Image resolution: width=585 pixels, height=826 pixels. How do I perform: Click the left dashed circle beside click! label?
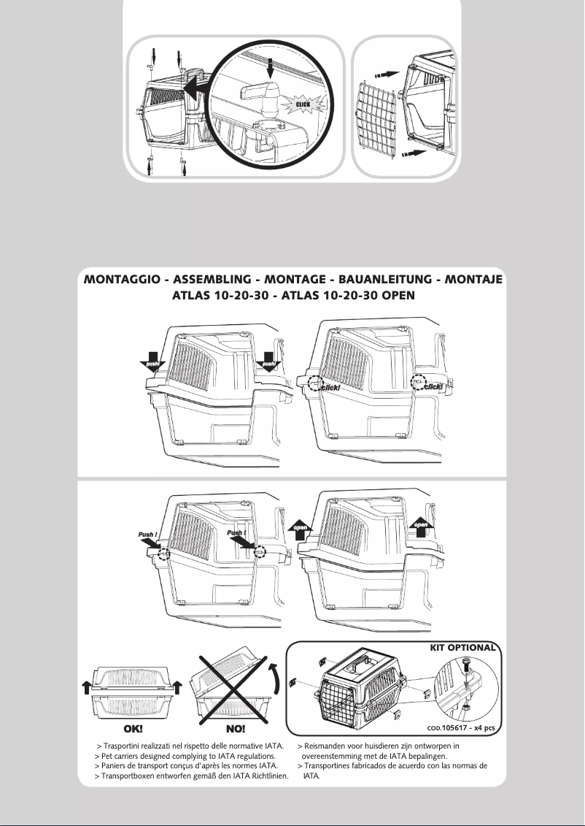[314, 382]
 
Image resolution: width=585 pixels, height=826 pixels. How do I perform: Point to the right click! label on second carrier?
[434, 386]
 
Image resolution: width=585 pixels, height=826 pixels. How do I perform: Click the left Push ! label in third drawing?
[148, 536]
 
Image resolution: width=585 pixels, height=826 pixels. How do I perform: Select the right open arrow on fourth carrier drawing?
[421, 527]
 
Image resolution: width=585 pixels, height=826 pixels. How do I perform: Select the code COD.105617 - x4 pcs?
[462, 727]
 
